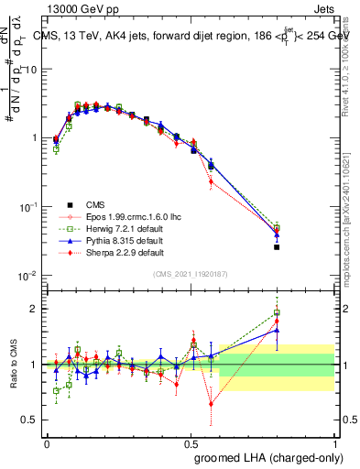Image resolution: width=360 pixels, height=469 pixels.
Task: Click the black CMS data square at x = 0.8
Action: (277, 247)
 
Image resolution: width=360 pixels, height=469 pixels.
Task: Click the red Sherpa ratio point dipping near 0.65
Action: (212, 403)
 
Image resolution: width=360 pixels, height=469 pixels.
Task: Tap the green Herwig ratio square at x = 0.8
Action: (277, 313)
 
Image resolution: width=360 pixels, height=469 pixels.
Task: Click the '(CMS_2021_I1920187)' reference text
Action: (190, 274)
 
